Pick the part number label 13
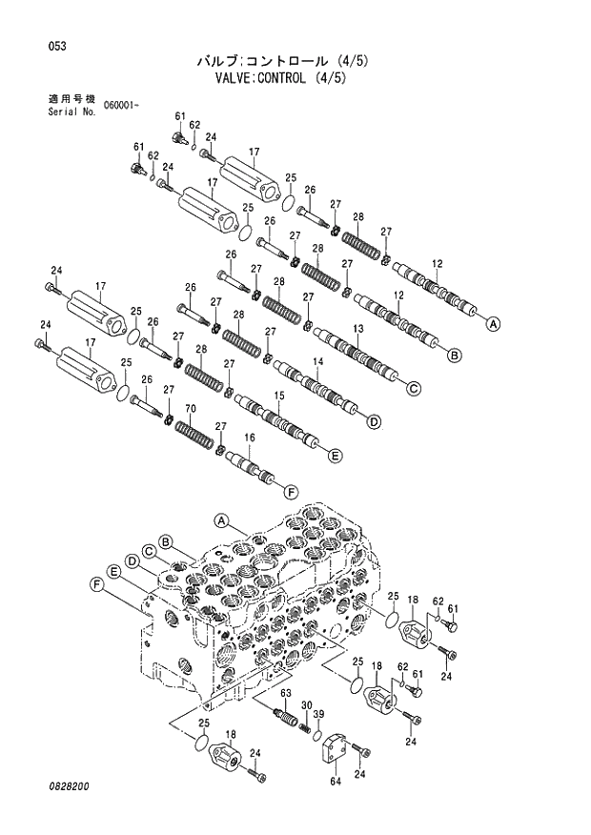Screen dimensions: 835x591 click(357, 328)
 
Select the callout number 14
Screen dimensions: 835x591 click(317, 361)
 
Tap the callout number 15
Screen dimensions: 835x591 click(279, 395)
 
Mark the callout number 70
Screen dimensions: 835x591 click(191, 409)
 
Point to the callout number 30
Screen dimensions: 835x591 click(306, 704)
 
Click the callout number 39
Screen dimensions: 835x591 click(319, 714)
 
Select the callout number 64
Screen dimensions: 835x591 click(335, 783)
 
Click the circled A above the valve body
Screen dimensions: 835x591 click(221, 520)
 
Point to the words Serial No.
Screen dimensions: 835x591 click(71, 112)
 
